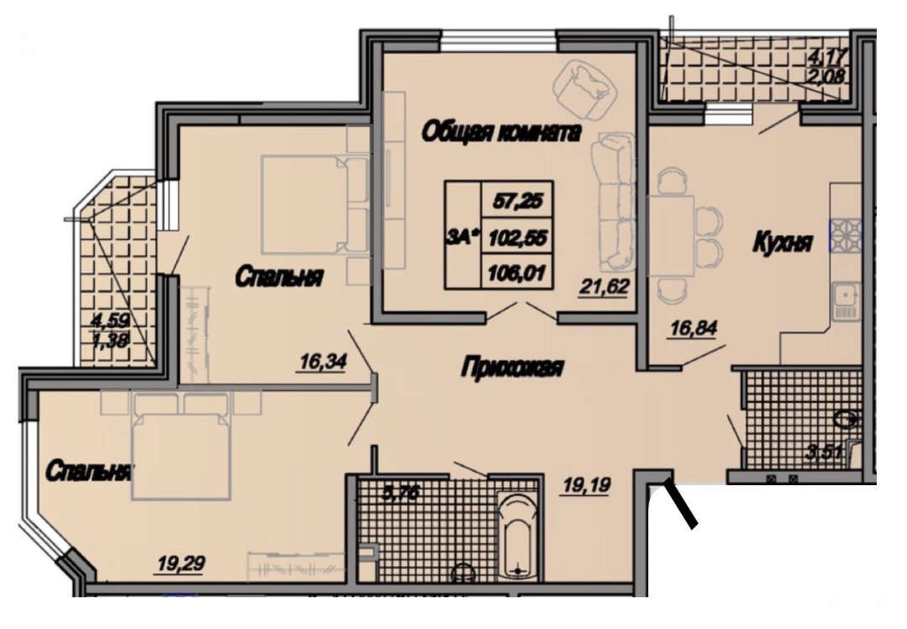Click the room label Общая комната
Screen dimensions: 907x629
pyautogui.click(x=501, y=133)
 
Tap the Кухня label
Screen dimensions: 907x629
pyautogui.click(x=783, y=242)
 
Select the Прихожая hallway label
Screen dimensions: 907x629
pyautogui.click(x=513, y=367)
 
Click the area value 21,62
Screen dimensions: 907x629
pyautogui.click(x=604, y=287)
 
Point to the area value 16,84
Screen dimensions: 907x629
pyautogui.click(x=693, y=329)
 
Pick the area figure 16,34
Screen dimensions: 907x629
pyautogui.click(x=323, y=362)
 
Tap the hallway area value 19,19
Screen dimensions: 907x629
pyautogui.click(x=587, y=485)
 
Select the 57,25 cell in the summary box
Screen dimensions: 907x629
pyautogui.click(x=517, y=201)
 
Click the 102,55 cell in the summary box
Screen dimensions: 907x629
pyautogui.click(x=517, y=236)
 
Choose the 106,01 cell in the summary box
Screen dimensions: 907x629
pyautogui.click(x=517, y=272)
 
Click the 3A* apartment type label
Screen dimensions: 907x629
pyautogui.click(x=463, y=236)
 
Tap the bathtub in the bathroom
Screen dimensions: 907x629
pyautogui.click(x=518, y=535)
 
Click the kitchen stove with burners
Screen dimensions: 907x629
pyautogui.click(x=846, y=235)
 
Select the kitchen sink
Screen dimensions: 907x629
pyautogui.click(x=846, y=301)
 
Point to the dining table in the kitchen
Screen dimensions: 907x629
pyautogui.click(x=671, y=236)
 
